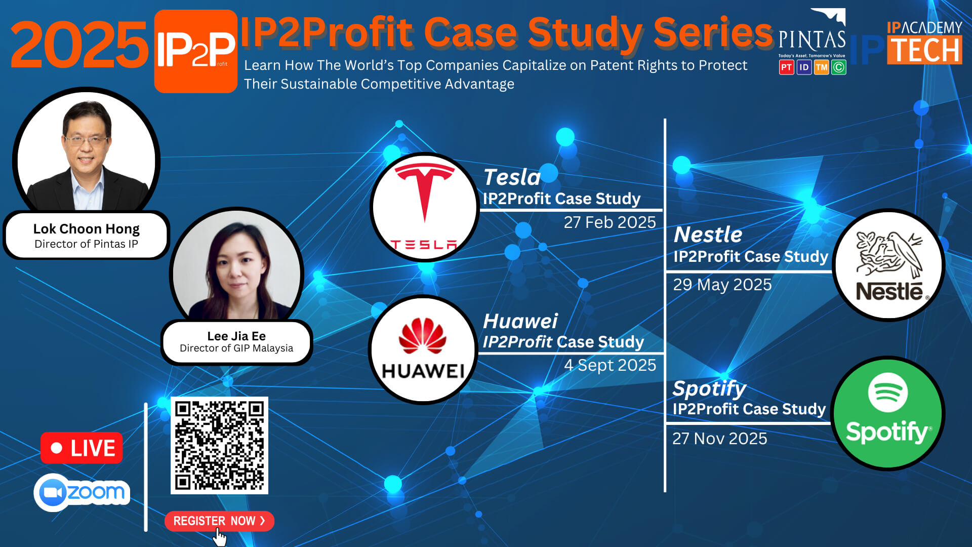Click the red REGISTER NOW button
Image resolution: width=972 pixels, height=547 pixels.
pyautogui.click(x=219, y=521)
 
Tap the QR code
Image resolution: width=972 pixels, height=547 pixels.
pyautogui.click(x=219, y=445)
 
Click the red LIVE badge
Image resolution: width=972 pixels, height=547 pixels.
pyautogui.click(x=82, y=448)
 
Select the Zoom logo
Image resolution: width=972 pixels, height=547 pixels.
pyautogui.click(x=82, y=492)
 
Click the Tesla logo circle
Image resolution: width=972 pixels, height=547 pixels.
pyautogui.click(x=424, y=207)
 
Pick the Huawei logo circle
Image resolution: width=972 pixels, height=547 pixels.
pyautogui.click(x=423, y=349)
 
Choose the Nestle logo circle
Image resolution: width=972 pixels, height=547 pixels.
pyautogui.click(x=889, y=265)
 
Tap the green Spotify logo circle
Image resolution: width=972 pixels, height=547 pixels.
pyautogui.click(x=888, y=413)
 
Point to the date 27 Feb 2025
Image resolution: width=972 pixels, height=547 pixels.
pyautogui.click(x=610, y=222)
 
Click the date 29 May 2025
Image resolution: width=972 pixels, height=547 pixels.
pyautogui.click(x=722, y=285)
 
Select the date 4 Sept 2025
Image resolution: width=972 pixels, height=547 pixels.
pyautogui.click(x=610, y=365)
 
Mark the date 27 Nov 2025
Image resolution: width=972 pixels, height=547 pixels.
pyautogui.click(x=719, y=439)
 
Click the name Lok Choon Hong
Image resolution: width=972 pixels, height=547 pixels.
pyautogui.click(x=86, y=229)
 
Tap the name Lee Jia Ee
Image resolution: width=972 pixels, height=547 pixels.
pyautogui.click(x=236, y=336)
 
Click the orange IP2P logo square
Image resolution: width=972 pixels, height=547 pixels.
pyautogui.click(x=196, y=51)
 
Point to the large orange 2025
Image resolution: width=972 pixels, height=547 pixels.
pyautogui.click(x=79, y=45)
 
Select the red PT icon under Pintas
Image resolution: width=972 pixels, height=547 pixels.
pyautogui.click(x=786, y=67)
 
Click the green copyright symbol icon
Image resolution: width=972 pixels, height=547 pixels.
pyautogui.click(x=839, y=67)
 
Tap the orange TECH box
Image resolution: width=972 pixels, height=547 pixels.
pyautogui.click(x=924, y=50)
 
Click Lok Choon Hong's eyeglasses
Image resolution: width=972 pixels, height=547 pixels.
pyautogui.click(x=86, y=140)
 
